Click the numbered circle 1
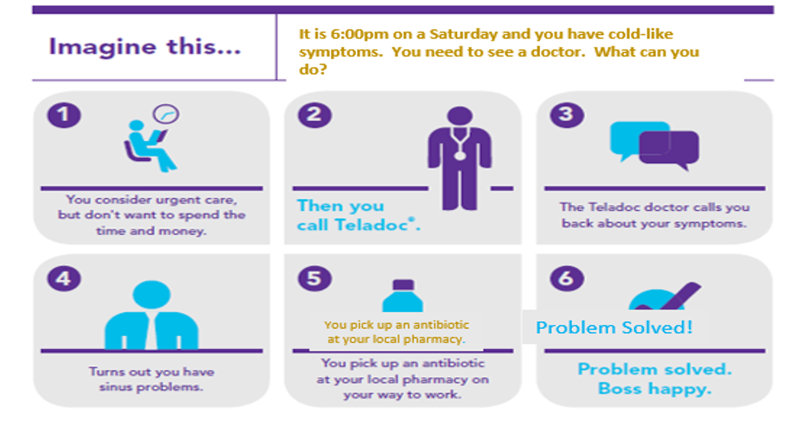coord(64,114)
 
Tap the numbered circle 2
coord(315,114)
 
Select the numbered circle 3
coord(567,114)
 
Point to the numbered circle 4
coord(64,278)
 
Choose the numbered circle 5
coord(315,278)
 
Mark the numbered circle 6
coord(567,278)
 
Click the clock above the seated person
coord(166,114)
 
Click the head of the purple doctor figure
coord(459,117)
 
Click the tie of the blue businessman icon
coord(152,330)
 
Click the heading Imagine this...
coord(144,47)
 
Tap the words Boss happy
coord(654,388)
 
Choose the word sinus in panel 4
coord(115,387)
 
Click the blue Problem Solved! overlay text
coord(614,327)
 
